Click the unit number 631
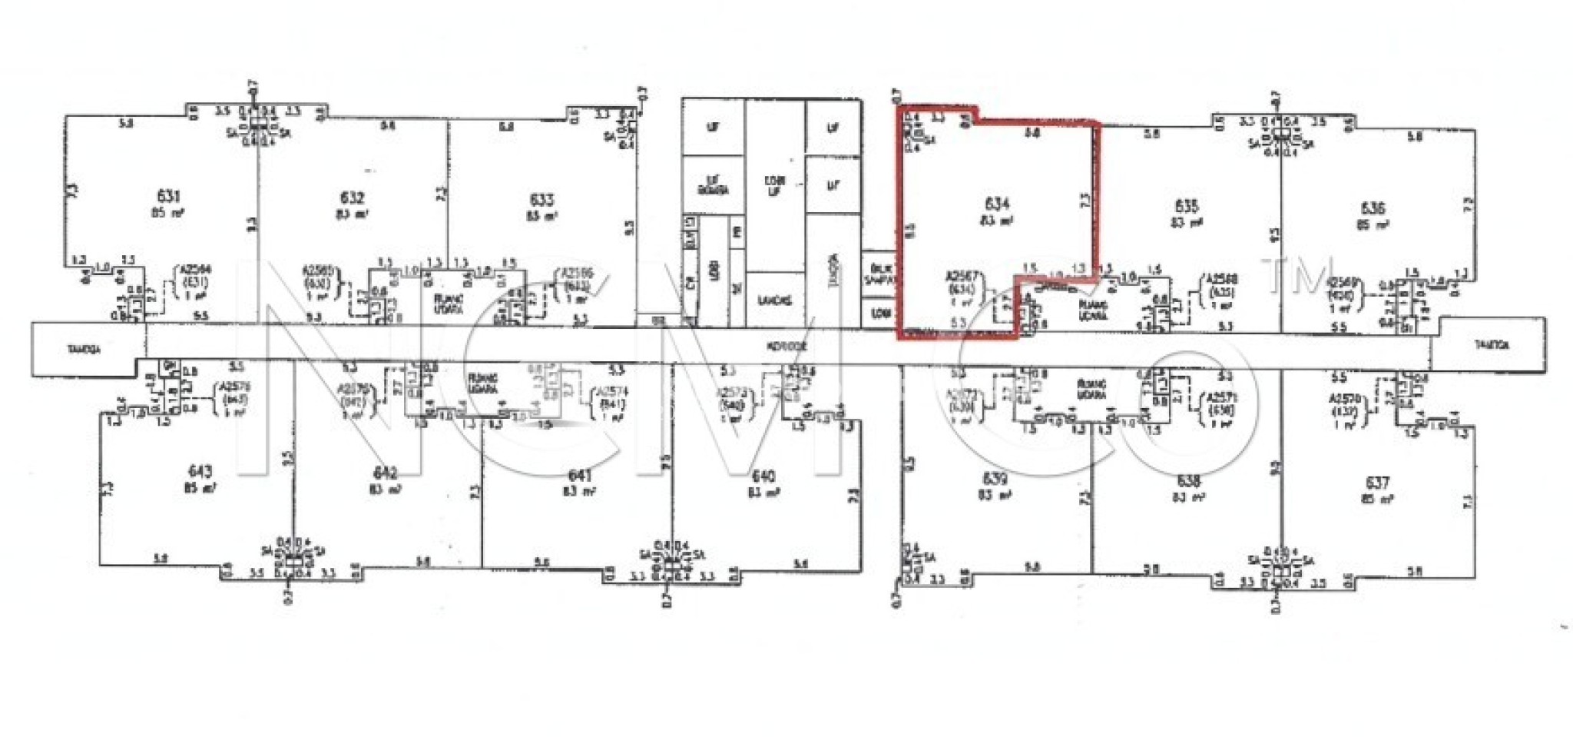[x=168, y=197]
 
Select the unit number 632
[x=352, y=198]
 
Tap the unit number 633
[x=541, y=200]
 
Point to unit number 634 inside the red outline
[x=996, y=204]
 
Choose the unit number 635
[x=1186, y=206]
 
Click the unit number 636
[x=1373, y=208]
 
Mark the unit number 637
[x=1377, y=483]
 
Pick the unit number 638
[x=1187, y=481]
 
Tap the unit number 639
[x=995, y=479]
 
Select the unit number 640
[x=763, y=476]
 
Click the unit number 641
[x=580, y=476]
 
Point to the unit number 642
[x=385, y=473]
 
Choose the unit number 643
[x=200, y=471]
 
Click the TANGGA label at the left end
[x=84, y=350]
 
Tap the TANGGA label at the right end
[x=1492, y=345]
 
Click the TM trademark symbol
[x=1300, y=276]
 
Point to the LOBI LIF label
[x=774, y=186]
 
